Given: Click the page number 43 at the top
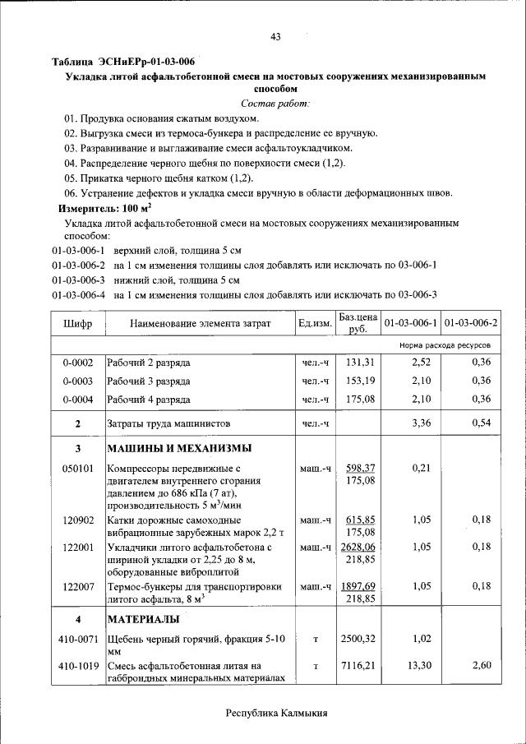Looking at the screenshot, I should coord(276,36).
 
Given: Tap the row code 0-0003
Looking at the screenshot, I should coord(77,381).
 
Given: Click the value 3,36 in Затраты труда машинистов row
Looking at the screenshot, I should coord(421,423).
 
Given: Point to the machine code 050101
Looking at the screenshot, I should coord(77,468).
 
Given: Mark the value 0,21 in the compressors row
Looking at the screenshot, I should coord(421,468).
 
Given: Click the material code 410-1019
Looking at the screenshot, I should coord(77,666).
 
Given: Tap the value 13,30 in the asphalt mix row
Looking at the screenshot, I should coord(420,666).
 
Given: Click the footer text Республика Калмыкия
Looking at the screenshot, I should coord(276,714).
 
